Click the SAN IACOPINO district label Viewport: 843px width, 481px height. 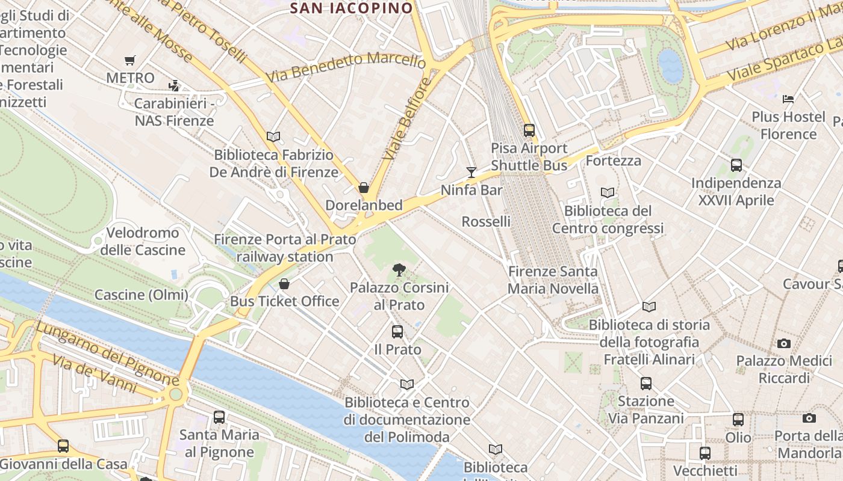coord(352,8)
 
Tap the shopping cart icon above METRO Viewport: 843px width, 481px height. coord(129,60)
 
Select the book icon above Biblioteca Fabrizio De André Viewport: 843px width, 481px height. coord(273,136)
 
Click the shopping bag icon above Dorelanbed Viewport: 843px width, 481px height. coord(364,188)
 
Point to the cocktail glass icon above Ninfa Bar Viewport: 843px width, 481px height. coord(471,173)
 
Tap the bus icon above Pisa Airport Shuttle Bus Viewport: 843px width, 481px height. coord(529,130)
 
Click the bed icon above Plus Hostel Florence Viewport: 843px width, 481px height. coord(788,99)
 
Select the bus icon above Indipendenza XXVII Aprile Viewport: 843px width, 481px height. coord(736,165)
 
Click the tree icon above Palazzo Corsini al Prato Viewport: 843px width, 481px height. coord(399,270)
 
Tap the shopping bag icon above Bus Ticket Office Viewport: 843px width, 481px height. coord(284,283)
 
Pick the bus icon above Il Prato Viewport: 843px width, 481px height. coord(397,331)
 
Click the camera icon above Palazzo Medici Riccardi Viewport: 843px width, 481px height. coord(783,343)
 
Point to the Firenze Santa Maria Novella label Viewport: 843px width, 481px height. coord(553,280)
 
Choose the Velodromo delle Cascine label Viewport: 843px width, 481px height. coord(143,241)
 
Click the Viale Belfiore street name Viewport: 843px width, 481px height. coord(408,118)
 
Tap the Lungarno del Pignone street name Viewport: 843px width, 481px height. coord(107,354)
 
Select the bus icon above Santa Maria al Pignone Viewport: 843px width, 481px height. coord(219,417)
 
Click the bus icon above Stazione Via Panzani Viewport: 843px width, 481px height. coord(646,383)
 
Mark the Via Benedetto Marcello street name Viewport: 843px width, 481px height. coord(346,67)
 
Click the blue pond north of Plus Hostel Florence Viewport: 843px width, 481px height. coord(670,65)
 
